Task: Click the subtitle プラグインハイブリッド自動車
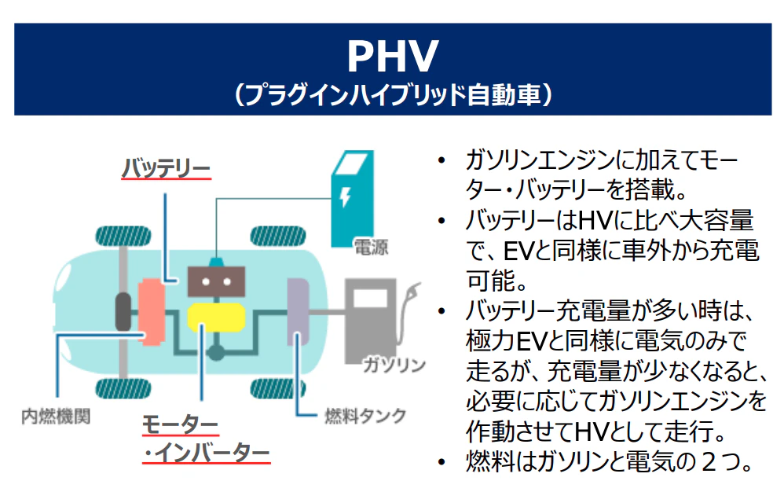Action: point(392,96)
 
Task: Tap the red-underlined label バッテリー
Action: point(166,168)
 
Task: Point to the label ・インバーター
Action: point(206,455)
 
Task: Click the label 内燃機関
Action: point(55,415)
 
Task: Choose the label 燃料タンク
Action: point(365,415)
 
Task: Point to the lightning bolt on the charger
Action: point(345,196)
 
